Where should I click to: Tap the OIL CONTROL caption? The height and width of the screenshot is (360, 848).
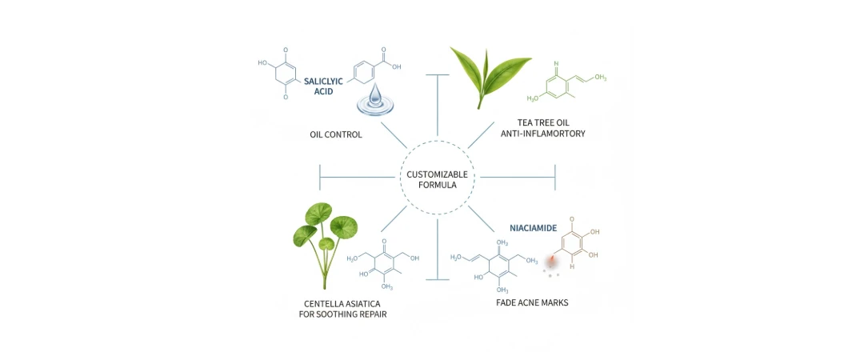click(336, 134)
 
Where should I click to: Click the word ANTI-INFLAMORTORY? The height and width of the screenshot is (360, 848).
click(541, 134)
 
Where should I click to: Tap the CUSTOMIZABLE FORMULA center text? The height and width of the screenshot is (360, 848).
click(437, 179)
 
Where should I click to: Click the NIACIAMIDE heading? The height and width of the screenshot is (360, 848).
click(534, 228)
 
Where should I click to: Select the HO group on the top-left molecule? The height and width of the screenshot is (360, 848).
click(262, 62)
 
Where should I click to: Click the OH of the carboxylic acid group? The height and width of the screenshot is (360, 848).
click(396, 67)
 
